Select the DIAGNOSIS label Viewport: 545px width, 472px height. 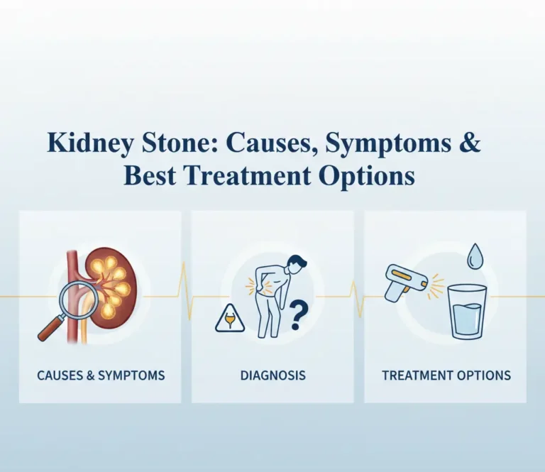tap(272, 375)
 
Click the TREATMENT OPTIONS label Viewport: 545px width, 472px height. tap(446, 375)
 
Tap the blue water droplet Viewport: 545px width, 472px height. tap(475, 256)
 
